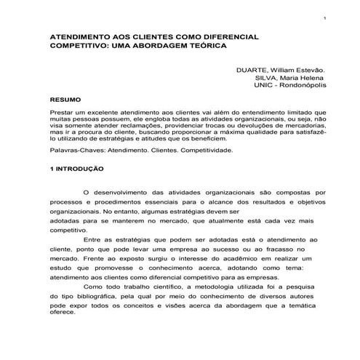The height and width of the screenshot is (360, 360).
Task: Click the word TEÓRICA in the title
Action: (x=196, y=45)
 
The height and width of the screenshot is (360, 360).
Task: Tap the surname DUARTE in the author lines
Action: (x=252, y=71)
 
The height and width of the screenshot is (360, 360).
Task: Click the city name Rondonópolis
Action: (x=304, y=85)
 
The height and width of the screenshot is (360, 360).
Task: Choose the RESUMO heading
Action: (x=65, y=97)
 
